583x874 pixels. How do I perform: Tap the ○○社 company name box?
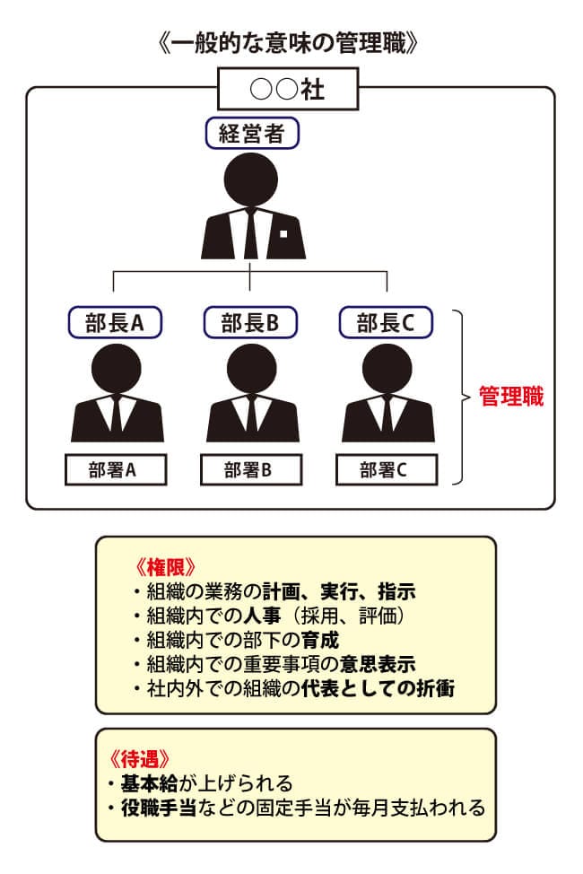coord(288,91)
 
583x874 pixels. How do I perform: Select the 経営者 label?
coord(251,135)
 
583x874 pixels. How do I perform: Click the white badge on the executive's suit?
coord(283,233)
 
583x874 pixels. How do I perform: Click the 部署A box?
coord(116,469)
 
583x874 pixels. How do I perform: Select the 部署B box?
coord(250,469)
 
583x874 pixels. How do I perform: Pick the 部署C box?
coord(386,469)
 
